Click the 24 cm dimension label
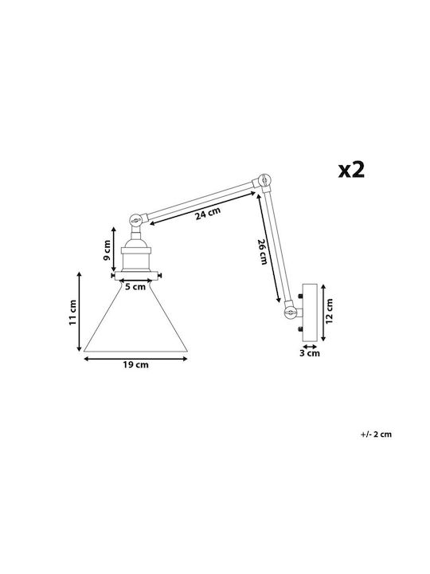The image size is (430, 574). [208, 213]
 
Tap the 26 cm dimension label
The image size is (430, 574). [263, 251]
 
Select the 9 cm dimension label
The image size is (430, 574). [107, 250]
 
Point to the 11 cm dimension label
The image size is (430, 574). [72, 313]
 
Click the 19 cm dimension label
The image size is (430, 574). [135, 364]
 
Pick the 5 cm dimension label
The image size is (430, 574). [135, 287]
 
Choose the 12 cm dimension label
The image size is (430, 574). [329, 311]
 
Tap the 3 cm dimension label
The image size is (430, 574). [310, 353]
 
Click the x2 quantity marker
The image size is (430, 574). [351, 170]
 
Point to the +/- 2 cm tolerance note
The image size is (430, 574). [376, 434]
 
